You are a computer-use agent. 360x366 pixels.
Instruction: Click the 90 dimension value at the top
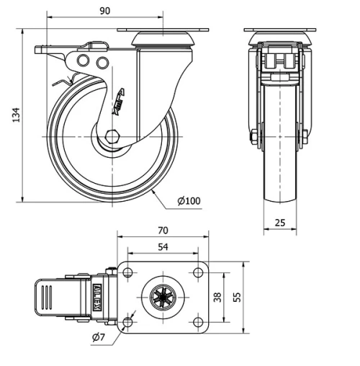coord(104,10)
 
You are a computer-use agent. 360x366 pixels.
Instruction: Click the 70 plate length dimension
coord(163,231)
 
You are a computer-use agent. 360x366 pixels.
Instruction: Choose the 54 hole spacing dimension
coord(163,247)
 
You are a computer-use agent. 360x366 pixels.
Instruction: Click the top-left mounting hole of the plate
coord(128,273)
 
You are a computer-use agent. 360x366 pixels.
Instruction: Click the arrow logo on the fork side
coord(120,102)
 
